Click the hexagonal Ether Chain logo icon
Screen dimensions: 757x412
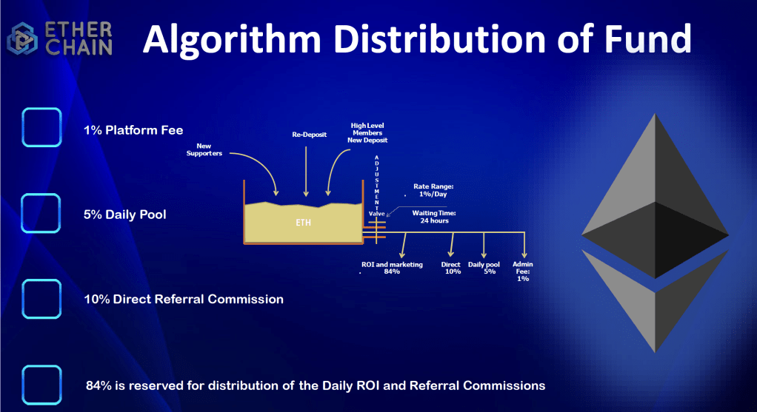click(22, 38)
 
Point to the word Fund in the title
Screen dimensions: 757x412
click(647, 38)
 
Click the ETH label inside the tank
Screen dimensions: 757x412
click(303, 223)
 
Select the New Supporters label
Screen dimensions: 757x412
click(204, 149)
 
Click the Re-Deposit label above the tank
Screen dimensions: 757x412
click(310, 135)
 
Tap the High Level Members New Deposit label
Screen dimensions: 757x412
click(367, 132)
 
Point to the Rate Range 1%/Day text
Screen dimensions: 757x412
click(433, 190)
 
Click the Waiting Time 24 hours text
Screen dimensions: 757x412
click(434, 217)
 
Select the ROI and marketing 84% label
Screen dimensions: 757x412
click(392, 268)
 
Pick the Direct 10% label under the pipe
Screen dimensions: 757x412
click(451, 268)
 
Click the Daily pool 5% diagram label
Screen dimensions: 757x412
click(484, 268)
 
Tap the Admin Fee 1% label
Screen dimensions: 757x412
click(523, 271)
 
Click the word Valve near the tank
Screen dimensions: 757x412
click(376, 214)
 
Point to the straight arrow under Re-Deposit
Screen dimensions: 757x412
click(306, 172)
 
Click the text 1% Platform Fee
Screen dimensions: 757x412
click(133, 130)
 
